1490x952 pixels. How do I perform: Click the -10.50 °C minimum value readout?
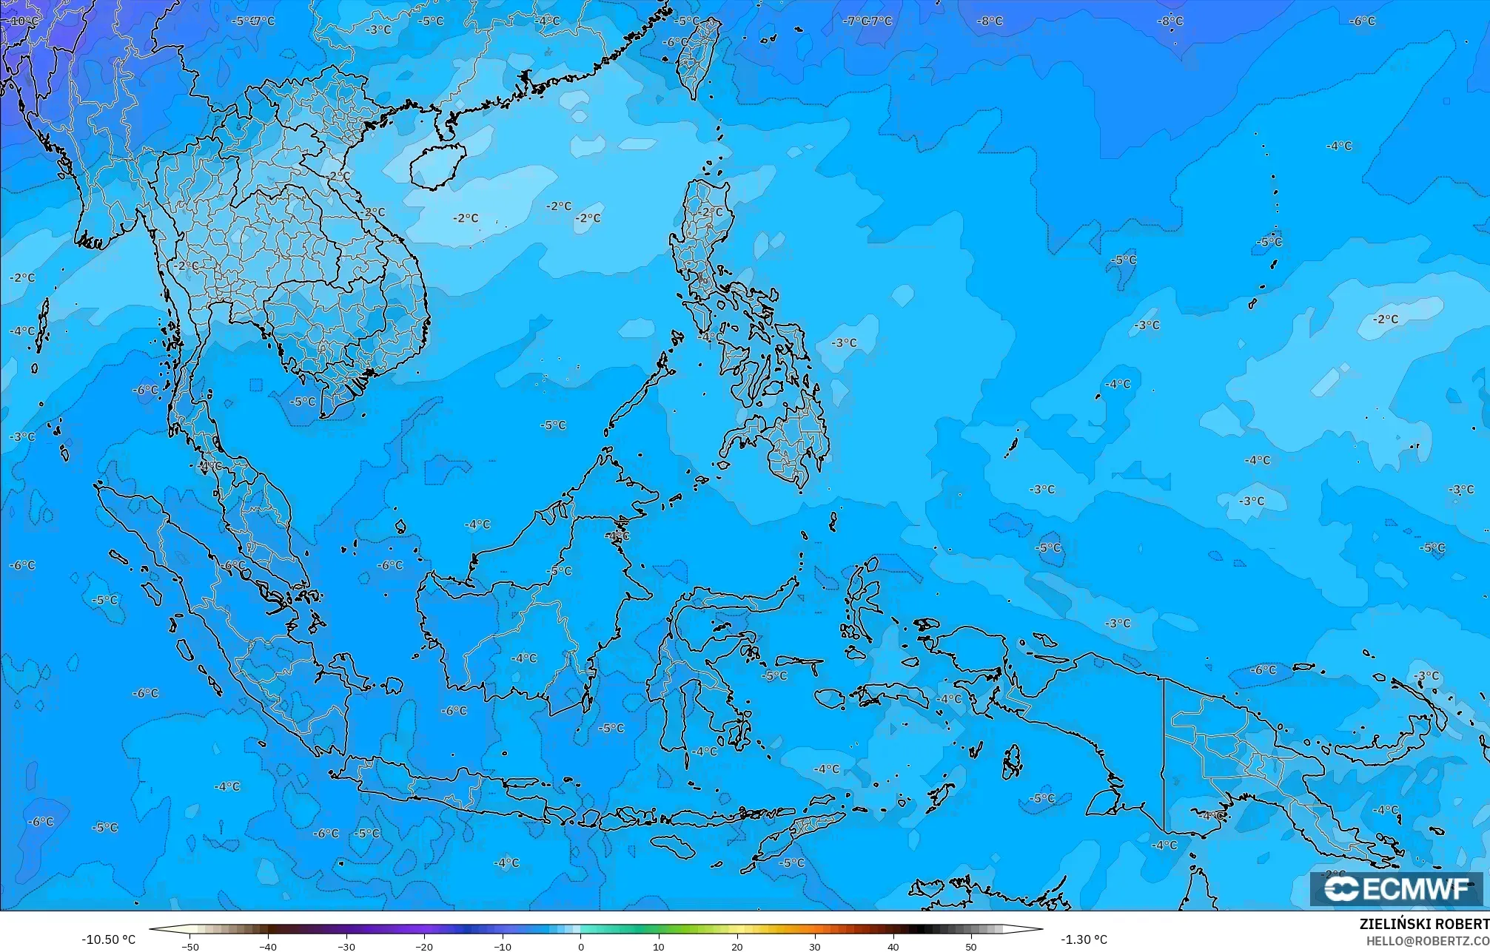tap(108, 939)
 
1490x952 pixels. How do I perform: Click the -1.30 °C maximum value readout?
tap(1084, 939)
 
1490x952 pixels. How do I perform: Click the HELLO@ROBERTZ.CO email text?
tap(1427, 941)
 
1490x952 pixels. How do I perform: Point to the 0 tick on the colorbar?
tap(580, 946)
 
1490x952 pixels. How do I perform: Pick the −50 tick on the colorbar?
tap(190, 946)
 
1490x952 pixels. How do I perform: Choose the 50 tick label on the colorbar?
tap(971, 946)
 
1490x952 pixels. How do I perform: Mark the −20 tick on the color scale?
tap(424, 946)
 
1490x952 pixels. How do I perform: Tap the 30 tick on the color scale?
tap(815, 946)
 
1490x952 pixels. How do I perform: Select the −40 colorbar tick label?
tap(268, 946)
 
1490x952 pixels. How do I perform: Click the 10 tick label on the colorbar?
tap(659, 946)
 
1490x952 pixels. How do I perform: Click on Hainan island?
tap(437, 165)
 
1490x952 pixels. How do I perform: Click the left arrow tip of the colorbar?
tap(151, 929)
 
